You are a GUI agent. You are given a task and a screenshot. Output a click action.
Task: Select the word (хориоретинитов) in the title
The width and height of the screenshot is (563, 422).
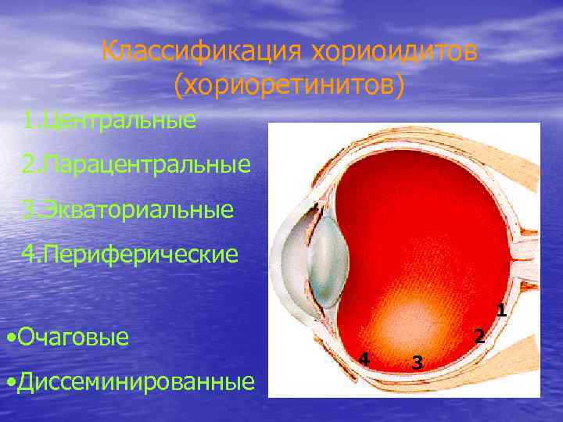pyautogui.click(x=289, y=86)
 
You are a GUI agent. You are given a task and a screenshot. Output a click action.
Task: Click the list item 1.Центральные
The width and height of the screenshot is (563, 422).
pyautogui.click(x=109, y=120)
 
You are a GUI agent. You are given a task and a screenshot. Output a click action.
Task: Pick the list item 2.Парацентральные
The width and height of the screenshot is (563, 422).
pyautogui.click(x=137, y=165)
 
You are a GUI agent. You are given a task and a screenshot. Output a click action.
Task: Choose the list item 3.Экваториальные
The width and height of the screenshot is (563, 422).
pyautogui.click(x=128, y=209)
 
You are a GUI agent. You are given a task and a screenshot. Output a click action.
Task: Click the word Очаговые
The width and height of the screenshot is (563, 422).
pyautogui.click(x=73, y=338)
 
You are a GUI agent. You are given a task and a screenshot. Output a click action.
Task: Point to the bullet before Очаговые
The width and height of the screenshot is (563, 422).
pyautogui.click(x=9, y=338)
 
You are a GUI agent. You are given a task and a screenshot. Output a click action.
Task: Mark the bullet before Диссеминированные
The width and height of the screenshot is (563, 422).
pyautogui.click(x=9, y=383)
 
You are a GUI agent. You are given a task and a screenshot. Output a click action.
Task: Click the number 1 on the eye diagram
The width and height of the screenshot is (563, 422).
pyautogui.click(x=501, y=310)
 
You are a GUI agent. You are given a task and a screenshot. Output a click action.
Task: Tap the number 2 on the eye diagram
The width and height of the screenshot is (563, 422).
pyautogui.click(x=480, y=336)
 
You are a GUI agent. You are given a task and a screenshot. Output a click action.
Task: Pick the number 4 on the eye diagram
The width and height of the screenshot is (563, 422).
pyautogui.click(x=363, y=359)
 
